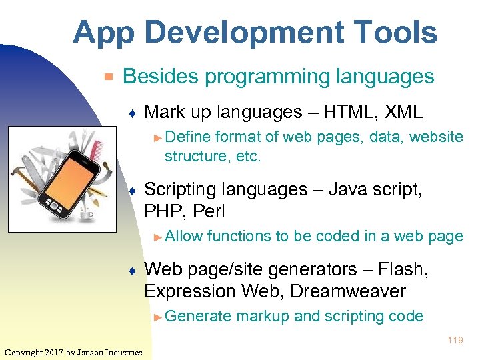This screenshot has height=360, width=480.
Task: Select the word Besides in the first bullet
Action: click(161, 77)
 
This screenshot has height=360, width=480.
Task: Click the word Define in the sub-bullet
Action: click(187, 137)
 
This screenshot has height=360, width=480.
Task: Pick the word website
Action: click(436, 137)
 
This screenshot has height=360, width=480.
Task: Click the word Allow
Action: click(184, 236)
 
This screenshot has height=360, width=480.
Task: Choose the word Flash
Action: click(403, 269)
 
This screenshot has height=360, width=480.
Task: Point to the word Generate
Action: click(198, 316)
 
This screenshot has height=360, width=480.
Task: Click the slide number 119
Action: click(455, 341)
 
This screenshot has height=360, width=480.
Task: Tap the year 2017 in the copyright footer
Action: click(55, 352)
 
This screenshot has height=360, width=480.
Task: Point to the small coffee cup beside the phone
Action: click(86, 215)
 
